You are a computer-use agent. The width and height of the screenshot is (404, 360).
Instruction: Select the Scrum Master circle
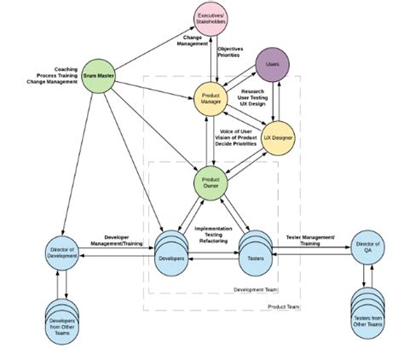point(101,76)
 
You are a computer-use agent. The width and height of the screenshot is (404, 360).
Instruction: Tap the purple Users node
point(272,65)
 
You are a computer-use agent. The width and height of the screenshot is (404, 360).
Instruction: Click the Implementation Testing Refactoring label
point(215,236)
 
